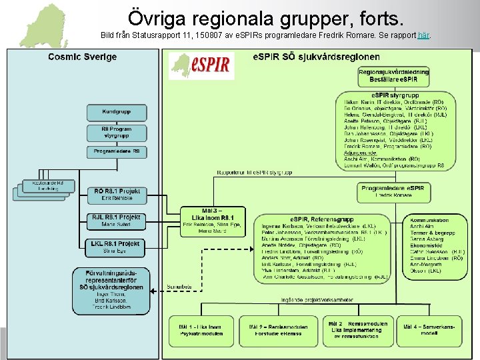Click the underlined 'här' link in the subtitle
point(423,35)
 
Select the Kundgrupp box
point(117,112)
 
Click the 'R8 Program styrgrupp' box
point(117,133)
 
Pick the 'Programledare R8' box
point(117,152)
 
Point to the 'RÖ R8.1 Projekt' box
point(117,194)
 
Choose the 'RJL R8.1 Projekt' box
point(117,221)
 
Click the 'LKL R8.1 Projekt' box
point(117,247)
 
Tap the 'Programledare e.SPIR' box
point(394,192)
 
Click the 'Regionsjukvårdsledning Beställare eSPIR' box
point(393,75)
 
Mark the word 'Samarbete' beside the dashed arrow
point(179,287)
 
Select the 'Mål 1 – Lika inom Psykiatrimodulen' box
point(200,331)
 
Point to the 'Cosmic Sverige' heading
point(73,57)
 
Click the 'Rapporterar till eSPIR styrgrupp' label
point(254,173)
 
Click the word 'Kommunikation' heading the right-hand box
point(429,220)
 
